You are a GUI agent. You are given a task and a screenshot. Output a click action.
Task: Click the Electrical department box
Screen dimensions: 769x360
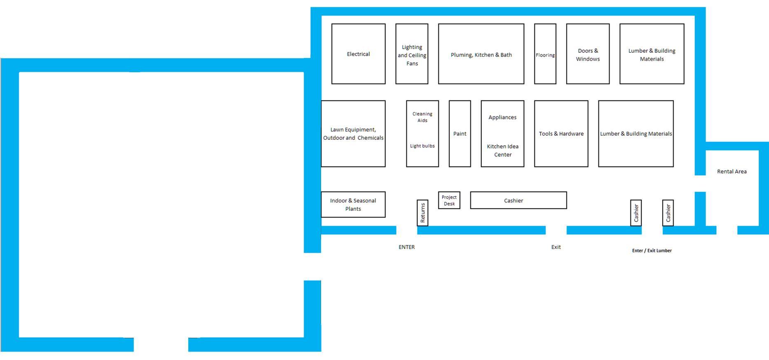click(x=358, y=54)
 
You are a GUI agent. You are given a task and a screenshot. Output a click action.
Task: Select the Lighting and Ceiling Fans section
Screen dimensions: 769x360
click(x=412, y=55)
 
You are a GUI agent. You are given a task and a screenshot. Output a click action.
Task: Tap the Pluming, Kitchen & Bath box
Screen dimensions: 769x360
click(x=481, y=54)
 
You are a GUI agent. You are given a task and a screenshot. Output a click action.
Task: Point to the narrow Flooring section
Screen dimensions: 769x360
click(x=545, y=55)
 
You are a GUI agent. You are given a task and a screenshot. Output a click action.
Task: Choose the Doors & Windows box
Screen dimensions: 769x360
click(x=588, y=54)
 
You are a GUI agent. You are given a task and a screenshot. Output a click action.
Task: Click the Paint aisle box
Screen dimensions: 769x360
click(x=460, y=134)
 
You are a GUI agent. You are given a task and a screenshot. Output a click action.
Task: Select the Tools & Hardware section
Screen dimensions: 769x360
click(x=561, y=134)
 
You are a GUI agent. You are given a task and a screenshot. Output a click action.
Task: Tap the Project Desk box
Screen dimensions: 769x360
click(x=449, y=200)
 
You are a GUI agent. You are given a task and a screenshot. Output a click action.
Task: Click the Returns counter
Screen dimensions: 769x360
click(x=422, y=213)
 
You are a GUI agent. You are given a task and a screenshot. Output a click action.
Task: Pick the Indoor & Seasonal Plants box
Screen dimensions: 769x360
click(x=353, y=205)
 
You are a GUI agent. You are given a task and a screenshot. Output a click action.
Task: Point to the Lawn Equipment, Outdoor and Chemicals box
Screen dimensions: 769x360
click(x=353, y=134)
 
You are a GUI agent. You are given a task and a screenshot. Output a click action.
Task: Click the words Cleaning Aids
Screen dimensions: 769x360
click(x=422, y=117)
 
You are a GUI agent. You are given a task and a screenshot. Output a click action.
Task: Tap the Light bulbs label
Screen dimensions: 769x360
click(x=422, y=146)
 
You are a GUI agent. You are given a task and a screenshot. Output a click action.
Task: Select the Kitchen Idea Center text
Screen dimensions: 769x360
click(x=502, y=151)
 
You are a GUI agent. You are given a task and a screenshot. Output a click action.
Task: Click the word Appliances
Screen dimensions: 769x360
click(x=502, y=118)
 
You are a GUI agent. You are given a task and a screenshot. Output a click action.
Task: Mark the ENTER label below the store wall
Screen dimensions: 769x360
click(x=406, y=247)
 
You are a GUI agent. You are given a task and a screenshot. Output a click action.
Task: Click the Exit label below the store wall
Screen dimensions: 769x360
click(x=556, y=247)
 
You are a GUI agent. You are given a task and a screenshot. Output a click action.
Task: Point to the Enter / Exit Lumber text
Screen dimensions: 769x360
click(x=652, y=250)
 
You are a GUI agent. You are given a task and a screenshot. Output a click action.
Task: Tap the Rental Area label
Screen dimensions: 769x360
click(x=731, y=172)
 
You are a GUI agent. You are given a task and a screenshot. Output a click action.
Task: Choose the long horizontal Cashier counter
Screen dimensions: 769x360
click(x=518, y=200)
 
